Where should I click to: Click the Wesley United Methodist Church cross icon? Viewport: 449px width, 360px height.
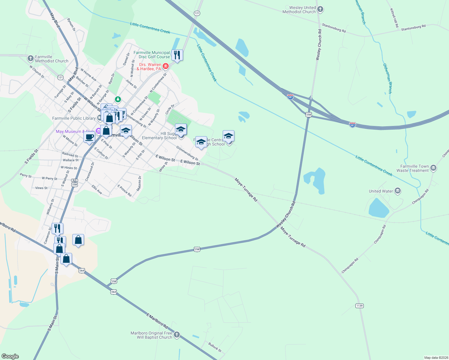[320, 9]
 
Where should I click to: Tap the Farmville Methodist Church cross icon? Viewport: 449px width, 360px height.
[30, 58]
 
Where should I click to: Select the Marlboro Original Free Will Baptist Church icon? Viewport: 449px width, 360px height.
[177, 335]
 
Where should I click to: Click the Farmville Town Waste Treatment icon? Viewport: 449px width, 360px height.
[433, 168]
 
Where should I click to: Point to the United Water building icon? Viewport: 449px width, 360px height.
[398, 191]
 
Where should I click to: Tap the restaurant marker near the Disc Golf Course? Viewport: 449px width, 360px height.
[177, 55]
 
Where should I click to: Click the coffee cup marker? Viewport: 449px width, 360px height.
[89, 138]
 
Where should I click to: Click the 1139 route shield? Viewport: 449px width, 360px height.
[359, 306]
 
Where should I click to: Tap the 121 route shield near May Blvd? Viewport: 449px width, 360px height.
[60, 77]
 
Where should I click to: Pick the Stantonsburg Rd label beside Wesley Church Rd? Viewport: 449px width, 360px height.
[334, 28]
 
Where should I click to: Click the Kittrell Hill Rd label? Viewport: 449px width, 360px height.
[394, 18]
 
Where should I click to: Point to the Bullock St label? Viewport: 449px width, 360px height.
[215, 347]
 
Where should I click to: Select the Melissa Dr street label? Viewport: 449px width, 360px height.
[139, 184]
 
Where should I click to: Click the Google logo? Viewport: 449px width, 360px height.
[10, 356]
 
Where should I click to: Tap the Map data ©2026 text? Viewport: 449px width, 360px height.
[435, 358]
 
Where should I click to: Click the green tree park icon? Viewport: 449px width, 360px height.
[118, 99]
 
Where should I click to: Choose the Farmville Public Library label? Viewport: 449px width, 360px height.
[74, 118]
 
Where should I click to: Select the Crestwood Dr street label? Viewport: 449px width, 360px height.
[89, 172]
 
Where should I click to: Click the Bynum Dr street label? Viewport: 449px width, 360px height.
[71, 25]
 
